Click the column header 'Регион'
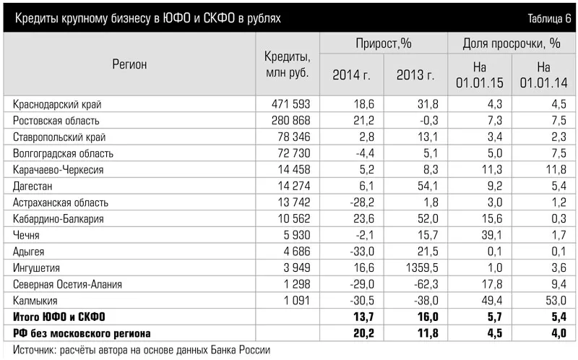129,64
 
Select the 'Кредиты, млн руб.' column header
287,64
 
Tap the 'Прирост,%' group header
383,43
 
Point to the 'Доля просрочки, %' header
512,43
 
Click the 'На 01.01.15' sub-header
480,74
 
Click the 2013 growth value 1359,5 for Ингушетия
418,267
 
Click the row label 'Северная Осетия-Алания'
68,284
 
